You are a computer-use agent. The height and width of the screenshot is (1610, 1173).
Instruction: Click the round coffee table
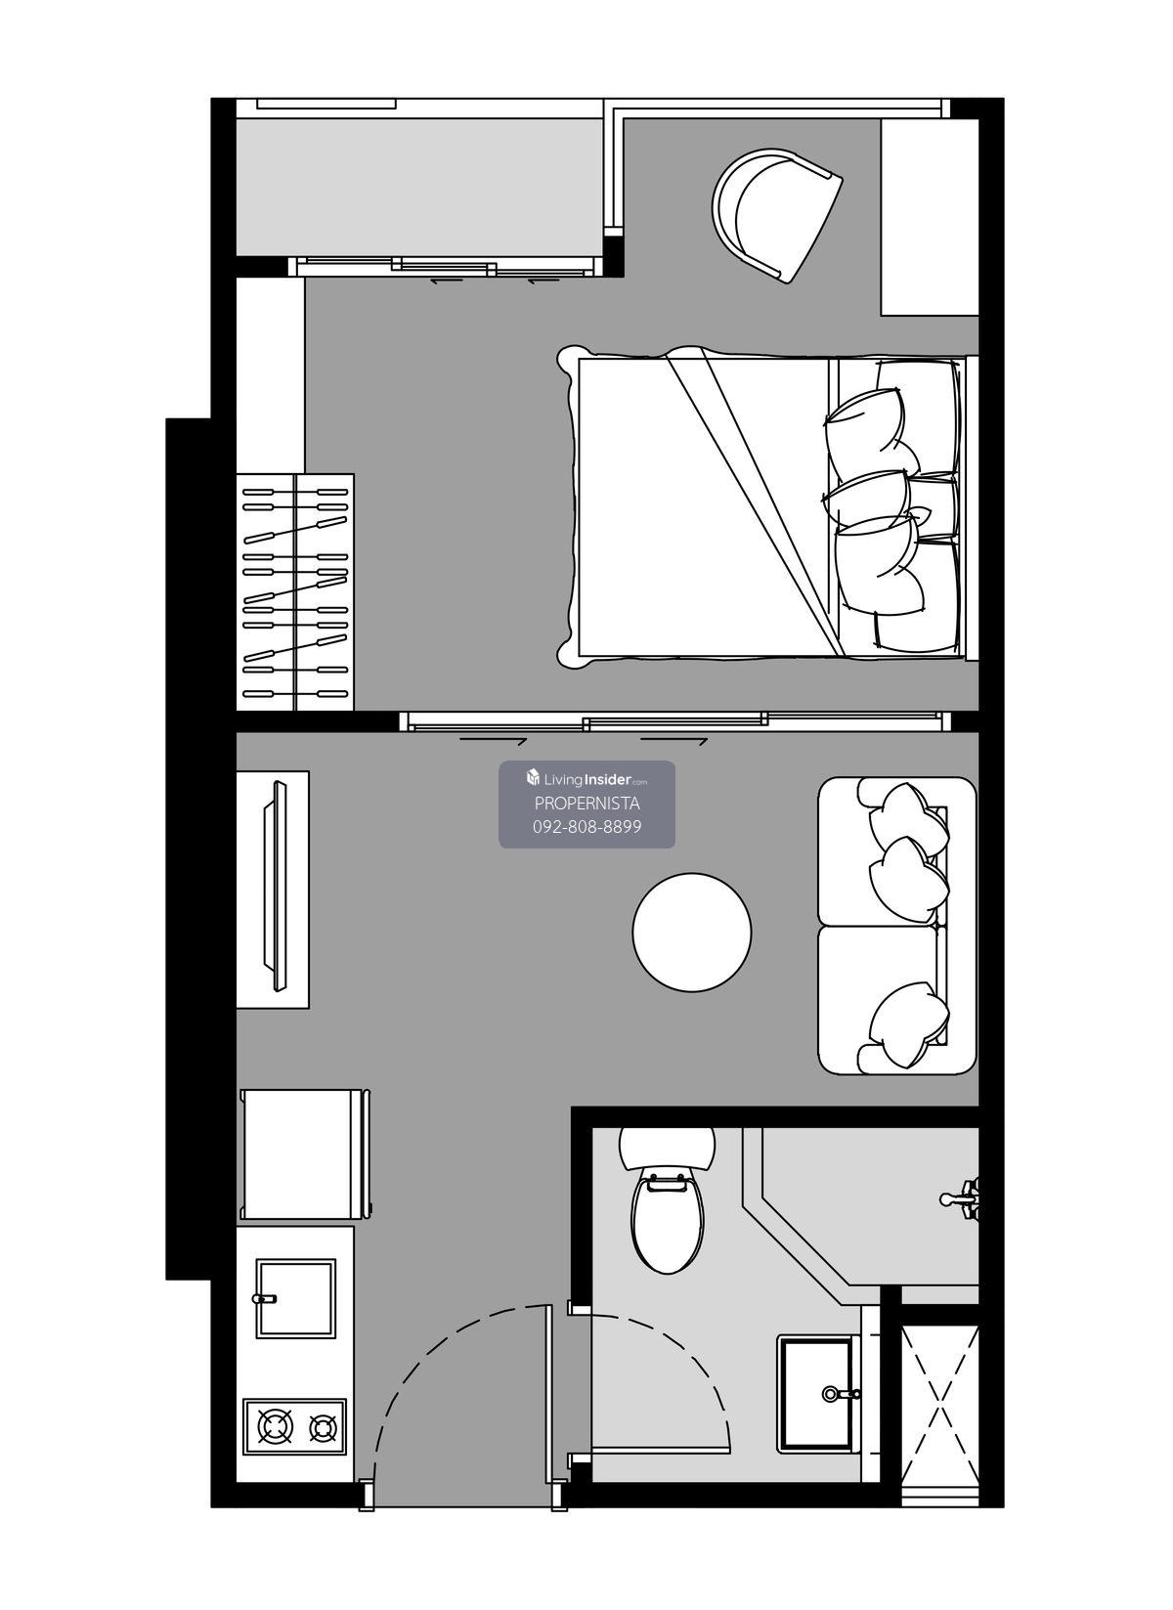coord(691,932)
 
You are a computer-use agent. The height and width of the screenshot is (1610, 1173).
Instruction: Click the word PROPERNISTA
coord(587,803)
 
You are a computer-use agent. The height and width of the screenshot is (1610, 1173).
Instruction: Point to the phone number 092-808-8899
coord(587,827)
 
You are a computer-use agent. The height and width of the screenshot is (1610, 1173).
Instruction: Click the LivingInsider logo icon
coord(534,778)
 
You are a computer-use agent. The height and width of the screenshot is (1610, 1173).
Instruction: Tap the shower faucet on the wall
coord(960,1197)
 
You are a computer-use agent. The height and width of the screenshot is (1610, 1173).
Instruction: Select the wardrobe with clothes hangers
coord(295,591)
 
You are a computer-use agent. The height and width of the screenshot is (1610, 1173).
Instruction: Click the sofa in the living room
coord(897,926)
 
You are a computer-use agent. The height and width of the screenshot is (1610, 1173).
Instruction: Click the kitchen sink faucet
coord(265,1298)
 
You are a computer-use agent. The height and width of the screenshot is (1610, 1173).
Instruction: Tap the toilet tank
coord(667,1149)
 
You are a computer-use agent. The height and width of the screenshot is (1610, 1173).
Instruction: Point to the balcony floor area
coord(419,187)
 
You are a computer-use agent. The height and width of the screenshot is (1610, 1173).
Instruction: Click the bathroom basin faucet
coord(842,1394)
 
